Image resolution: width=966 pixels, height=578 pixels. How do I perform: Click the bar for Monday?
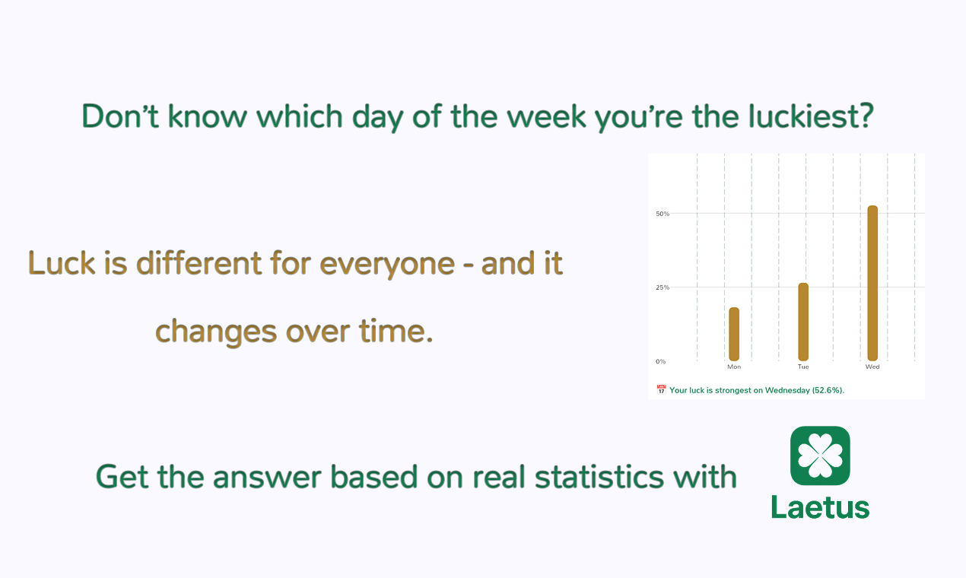pyautogui.click(x=734, y=334)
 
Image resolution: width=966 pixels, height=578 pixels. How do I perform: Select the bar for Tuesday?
pyautogui.click(x=803, y=322)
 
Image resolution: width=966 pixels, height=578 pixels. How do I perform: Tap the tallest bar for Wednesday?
pyautogui.click(x=872, y=283)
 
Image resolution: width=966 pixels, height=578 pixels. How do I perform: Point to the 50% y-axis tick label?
pyautogui.click(x=663, y=214)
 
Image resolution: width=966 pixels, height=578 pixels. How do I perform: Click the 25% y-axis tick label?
pyautogui.click(x=663, y=287)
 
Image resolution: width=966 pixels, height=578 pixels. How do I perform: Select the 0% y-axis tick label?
pyautogui.click(x=660, y=361)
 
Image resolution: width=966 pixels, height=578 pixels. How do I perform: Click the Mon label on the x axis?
pyautogui.click(x=734, y=367)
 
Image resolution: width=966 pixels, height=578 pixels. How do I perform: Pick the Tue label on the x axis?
pyautogui.click(x=803, y=367)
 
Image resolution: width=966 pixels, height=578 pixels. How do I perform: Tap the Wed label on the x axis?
pyautogui.click(x=872, y=367)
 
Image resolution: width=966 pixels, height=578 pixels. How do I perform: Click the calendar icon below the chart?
pyautogui.click(x=661, y=390)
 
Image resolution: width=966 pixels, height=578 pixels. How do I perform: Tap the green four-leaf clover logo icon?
pyautogui.click(x=820, y=456)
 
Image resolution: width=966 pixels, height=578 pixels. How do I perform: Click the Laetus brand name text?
pyautogui.click(x=820, y=507)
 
